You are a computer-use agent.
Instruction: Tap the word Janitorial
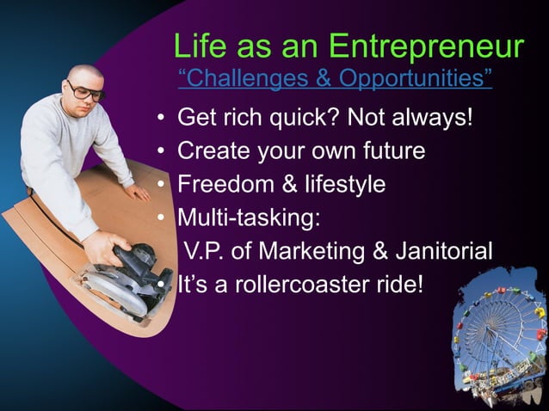coord(445,251)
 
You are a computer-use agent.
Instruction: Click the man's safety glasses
coord(85,90)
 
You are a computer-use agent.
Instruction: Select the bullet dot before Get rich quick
coord(161,118)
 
